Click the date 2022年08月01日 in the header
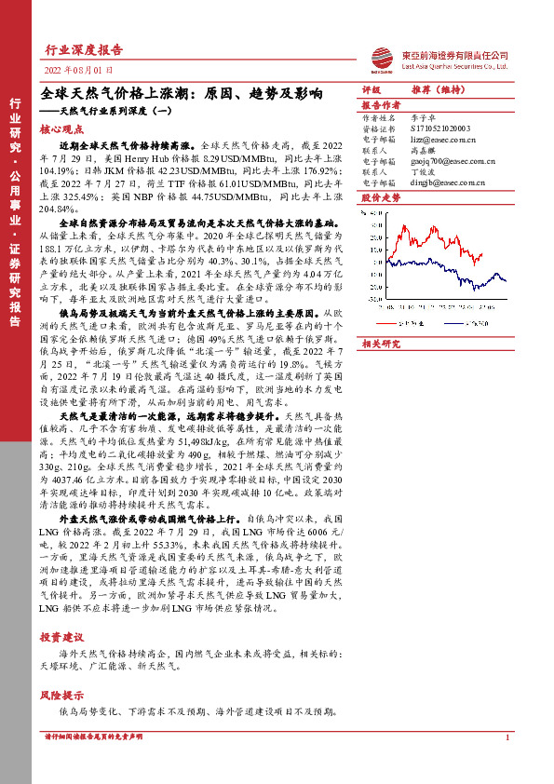click(79, 70)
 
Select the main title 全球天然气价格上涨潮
click(182, 95)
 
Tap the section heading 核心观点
click(62, 130)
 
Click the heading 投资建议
click(62, 637)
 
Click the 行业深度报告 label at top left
click(85, 50)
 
